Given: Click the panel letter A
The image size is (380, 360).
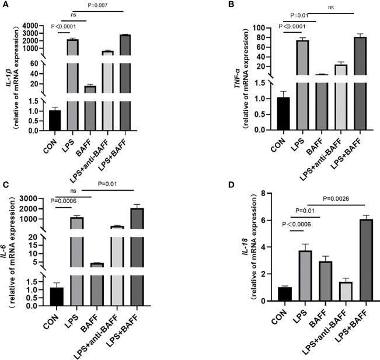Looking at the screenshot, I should pos(5,5).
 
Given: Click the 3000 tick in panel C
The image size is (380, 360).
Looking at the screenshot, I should pos(36,199).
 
